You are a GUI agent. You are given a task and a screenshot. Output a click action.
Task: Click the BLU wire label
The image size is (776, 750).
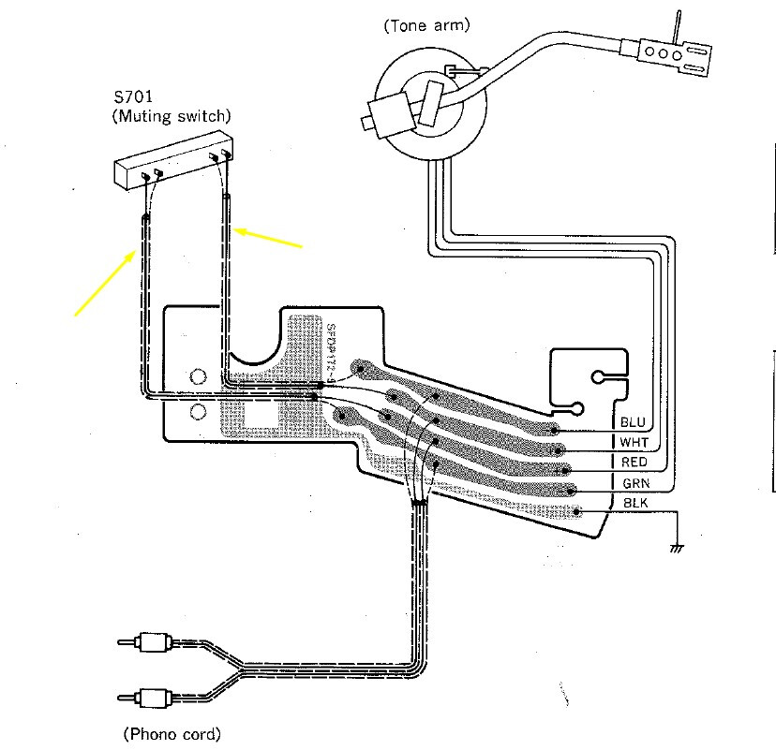click(x=633, y=422)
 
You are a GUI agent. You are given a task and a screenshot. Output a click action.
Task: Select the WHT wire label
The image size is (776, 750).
click(x=634, y=442)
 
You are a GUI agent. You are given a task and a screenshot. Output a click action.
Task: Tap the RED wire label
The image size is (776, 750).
click(x=634, y=463)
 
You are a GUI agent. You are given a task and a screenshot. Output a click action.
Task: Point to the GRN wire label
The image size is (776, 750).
click(x=636, y=483)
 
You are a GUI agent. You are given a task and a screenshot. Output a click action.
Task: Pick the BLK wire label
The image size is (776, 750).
click(x=635, y=503)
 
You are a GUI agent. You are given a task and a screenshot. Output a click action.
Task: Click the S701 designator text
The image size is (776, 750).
click(x=133, y=96)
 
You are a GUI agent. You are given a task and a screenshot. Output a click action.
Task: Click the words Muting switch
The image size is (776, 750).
click(x=174, y=116)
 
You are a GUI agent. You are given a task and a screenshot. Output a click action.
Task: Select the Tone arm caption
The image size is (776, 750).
click(x=426, y=25)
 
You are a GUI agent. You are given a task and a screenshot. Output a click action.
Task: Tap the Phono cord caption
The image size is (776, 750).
click(x=172, y=734)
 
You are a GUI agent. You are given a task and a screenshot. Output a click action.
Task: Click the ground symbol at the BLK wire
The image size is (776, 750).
click(x=677, y=548)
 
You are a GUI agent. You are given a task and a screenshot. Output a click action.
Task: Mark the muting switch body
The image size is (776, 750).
click(x=174, y=160)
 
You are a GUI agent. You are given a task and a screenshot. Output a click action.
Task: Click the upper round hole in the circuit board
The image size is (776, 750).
click(x=198, y=377)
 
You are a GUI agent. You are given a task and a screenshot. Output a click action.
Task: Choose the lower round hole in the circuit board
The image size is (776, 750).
click(x=198, y=411)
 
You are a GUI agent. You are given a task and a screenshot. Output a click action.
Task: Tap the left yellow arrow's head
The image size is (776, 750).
click(x=134, y=253)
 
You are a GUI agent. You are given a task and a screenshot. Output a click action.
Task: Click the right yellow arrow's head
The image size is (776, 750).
click(x=236, y=230)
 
